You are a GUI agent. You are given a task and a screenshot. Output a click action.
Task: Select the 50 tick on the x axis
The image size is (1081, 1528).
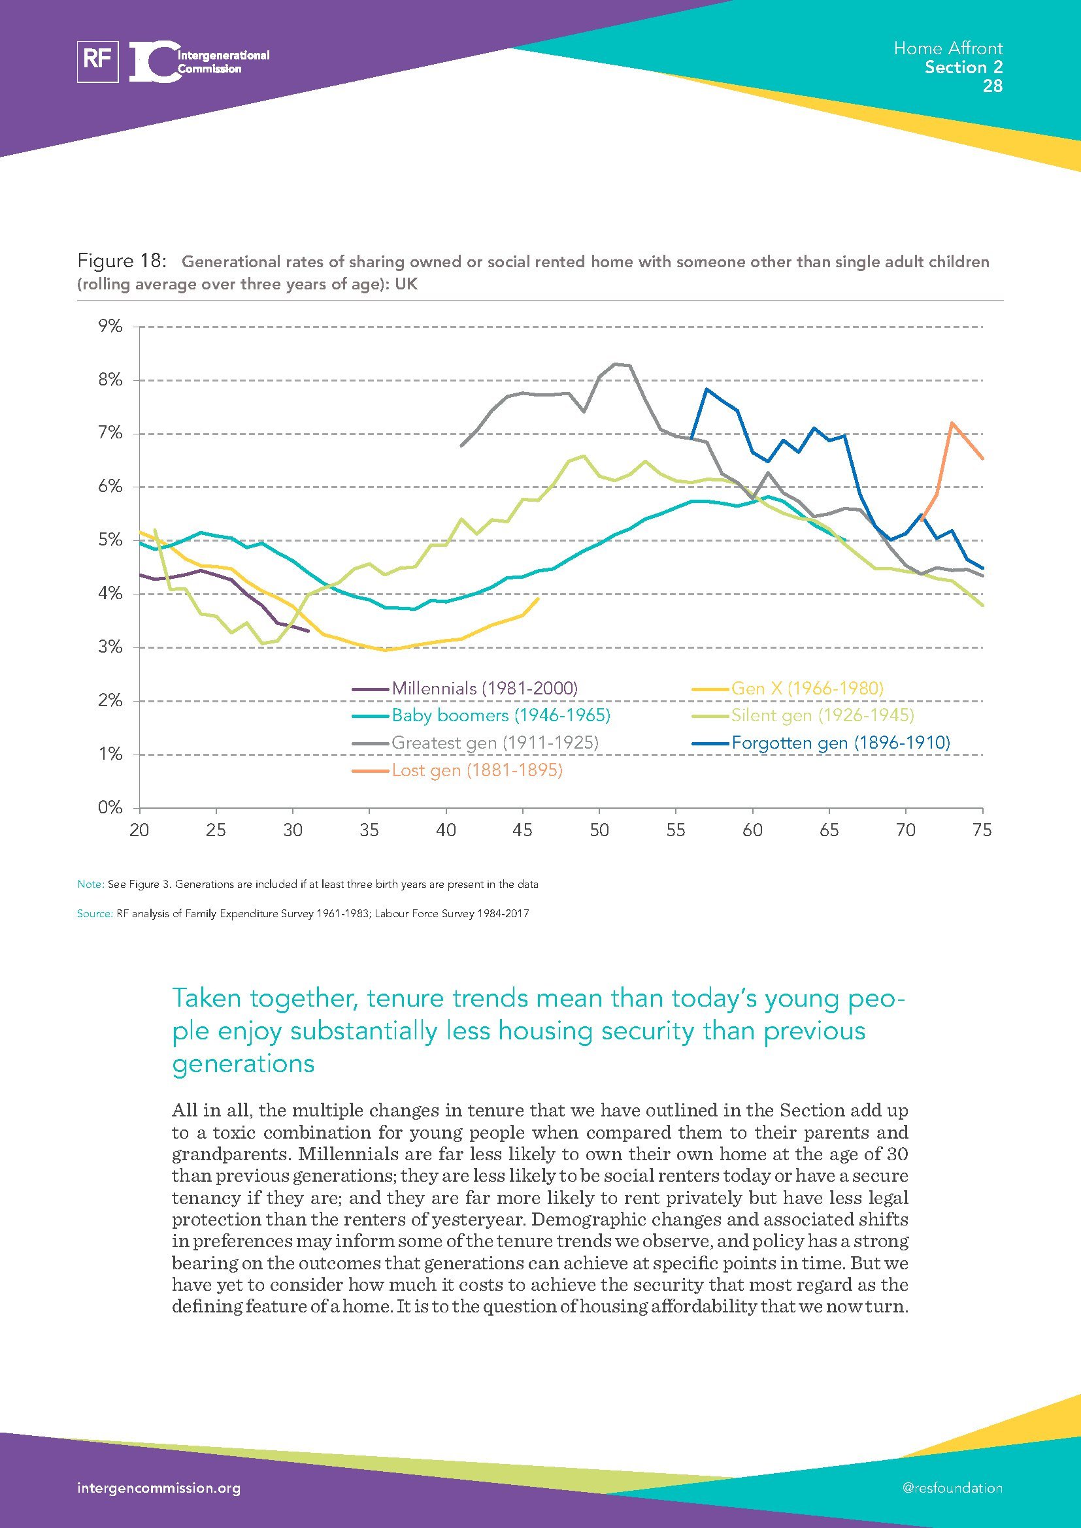599,830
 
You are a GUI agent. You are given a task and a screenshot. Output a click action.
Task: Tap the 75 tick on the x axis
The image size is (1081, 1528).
982,830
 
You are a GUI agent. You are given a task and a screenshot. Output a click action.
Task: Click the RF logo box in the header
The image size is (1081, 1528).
98,61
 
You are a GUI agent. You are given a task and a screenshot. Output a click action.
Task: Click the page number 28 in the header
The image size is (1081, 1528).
992,86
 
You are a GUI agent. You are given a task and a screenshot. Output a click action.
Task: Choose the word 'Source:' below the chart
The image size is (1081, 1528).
95,914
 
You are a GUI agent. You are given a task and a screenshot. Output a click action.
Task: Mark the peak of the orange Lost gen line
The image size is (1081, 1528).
952,423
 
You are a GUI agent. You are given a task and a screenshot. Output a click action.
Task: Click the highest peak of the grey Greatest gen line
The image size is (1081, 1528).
615,363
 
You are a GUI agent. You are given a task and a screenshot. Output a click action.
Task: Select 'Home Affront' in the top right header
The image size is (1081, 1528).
948,48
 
